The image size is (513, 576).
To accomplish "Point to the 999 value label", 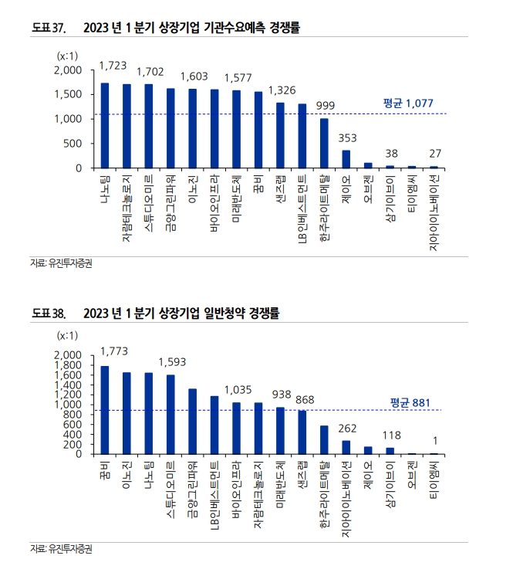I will [325, 105].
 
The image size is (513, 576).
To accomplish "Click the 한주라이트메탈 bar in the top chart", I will [325, 143].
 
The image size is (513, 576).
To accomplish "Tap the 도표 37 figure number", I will [48, 27].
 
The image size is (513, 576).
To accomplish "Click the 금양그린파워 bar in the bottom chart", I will [193, 421].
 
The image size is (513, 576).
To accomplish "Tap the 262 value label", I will [346, 427].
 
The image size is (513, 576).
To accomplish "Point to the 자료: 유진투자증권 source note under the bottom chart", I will [66, 550].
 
